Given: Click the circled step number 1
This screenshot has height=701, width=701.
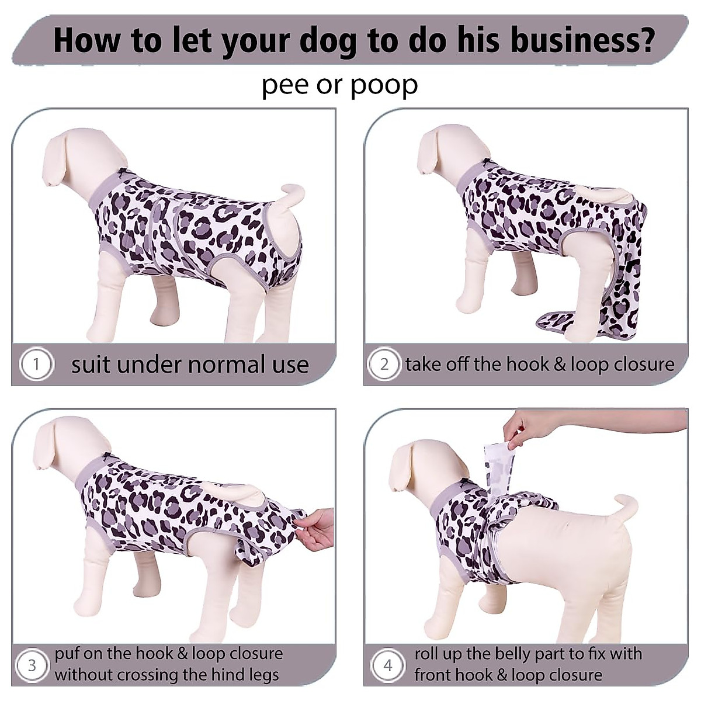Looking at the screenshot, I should point(36,365).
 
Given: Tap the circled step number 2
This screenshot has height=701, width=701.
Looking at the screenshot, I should point(384,365).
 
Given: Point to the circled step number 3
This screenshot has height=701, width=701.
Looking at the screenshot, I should point(32,665).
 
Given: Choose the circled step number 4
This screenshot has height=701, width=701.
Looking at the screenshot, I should point(388,665).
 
